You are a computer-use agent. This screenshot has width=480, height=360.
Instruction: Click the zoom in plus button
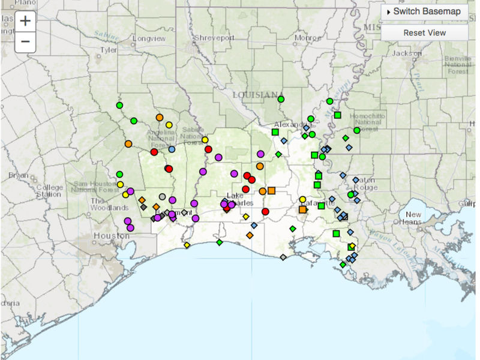point(25,20)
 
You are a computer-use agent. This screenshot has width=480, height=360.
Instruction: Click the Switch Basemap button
point(425,12)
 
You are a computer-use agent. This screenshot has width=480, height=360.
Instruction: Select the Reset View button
point(425,32)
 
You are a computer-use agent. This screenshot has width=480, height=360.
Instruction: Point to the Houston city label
point(111,236)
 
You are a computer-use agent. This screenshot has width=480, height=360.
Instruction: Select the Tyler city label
point(108,50)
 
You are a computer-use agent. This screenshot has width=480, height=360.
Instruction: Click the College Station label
point(49,190)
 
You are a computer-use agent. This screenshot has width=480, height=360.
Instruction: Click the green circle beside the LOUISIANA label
point(281,99)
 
